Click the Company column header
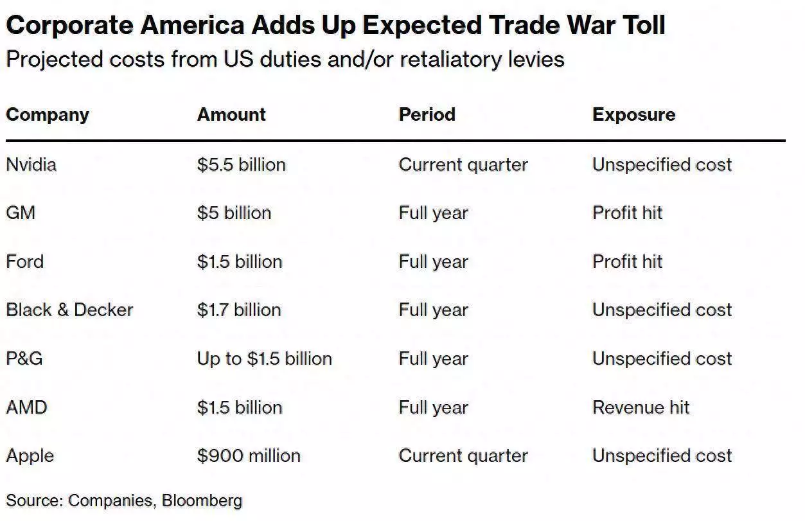point(48,115)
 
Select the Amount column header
point(231,115)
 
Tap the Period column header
point(427,115)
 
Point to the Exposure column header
point(633,115)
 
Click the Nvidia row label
point(31,164)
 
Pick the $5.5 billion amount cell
point(241,164)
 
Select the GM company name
point(21,213)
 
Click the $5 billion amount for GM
point(234,213)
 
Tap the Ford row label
point(24,262)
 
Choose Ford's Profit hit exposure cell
point(627,262)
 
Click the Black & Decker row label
point(69,310)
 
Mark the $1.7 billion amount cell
point(239,310)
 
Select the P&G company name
point(24,358)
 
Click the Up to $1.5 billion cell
point(264,358)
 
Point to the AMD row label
point(26,407)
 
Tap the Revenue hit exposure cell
point(641,407)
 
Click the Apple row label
point(30,456)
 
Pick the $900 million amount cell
point(249,456)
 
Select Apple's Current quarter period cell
point(463,456)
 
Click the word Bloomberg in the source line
point(202,500)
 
